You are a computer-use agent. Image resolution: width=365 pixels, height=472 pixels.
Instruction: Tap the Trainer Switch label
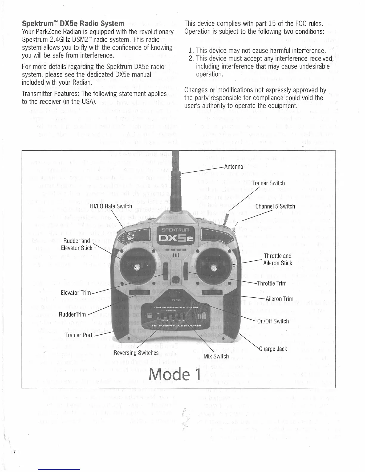[268, 183]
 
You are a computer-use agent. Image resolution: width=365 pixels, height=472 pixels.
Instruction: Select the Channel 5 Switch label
[275, 206]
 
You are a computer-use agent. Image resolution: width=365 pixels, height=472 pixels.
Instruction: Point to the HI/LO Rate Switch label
[111, 206]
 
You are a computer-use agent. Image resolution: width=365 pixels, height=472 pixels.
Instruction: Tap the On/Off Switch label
[273, 321]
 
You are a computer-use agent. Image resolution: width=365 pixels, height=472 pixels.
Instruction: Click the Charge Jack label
[273, 349]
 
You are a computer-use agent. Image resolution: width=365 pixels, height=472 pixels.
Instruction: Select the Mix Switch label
[216, 356]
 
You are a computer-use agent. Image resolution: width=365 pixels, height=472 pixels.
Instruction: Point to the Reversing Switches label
[136, 353]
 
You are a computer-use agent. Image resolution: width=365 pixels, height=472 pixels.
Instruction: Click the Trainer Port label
[79, 335]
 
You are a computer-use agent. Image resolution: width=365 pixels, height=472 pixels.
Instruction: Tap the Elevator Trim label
[75, 293]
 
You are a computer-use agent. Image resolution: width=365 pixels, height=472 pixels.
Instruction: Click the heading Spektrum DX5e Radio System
[73, 24]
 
